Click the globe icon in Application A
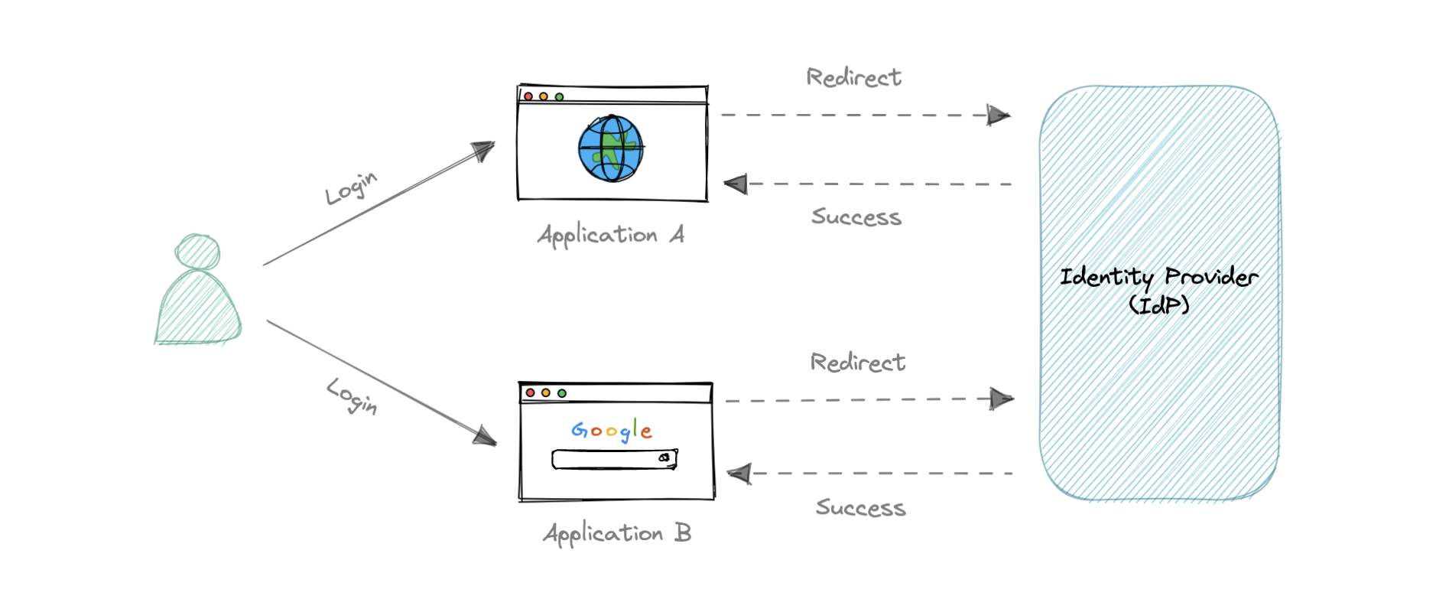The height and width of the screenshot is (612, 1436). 610,148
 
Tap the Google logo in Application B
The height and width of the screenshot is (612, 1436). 612,431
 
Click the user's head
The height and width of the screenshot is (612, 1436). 197,252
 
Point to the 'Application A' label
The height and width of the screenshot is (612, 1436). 610,235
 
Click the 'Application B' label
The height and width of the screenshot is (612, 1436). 616,533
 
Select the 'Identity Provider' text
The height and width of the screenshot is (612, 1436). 1158,277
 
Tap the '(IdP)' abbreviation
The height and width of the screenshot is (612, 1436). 1159,306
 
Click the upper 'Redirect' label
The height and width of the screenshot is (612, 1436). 853,77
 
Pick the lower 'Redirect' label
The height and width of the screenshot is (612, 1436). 857,363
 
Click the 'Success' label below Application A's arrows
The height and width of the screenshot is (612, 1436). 856,217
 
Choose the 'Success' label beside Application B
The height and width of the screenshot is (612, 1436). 860,508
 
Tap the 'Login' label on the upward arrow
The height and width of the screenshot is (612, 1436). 351,187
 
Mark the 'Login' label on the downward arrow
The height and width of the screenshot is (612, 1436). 352,395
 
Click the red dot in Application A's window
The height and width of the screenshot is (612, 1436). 528,96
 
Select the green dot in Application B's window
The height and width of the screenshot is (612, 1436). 562,393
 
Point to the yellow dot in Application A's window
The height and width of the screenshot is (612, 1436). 544,96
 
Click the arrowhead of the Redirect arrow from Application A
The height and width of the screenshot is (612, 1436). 998,116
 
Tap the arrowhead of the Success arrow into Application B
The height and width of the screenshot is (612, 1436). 739,474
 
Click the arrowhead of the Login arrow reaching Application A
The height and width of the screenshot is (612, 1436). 483,149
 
